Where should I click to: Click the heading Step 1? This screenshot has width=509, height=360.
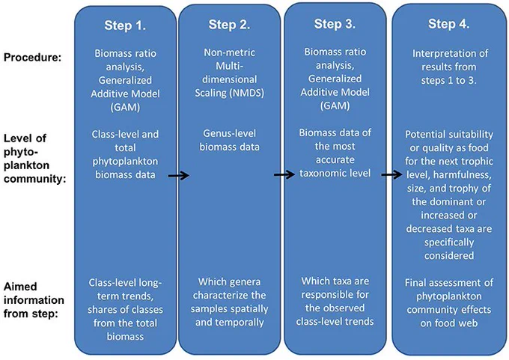pos(125,25)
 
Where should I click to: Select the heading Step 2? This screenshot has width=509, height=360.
pos(229,25)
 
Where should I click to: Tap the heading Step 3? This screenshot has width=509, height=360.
pos(335,24)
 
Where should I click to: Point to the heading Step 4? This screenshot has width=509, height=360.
pos(448,24)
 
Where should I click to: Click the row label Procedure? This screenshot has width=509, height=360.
pos(32,58)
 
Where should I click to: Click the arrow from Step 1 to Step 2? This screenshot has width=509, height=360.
pos(179,176)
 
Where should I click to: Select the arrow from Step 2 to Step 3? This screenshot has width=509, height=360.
pos(284,174)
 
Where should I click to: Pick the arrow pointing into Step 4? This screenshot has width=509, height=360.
pos(391,174)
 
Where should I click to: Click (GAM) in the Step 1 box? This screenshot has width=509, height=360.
pos(125,107)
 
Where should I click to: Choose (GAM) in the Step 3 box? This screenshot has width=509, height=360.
pos(335,106)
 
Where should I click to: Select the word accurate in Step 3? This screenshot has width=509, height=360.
pos(335,159)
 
